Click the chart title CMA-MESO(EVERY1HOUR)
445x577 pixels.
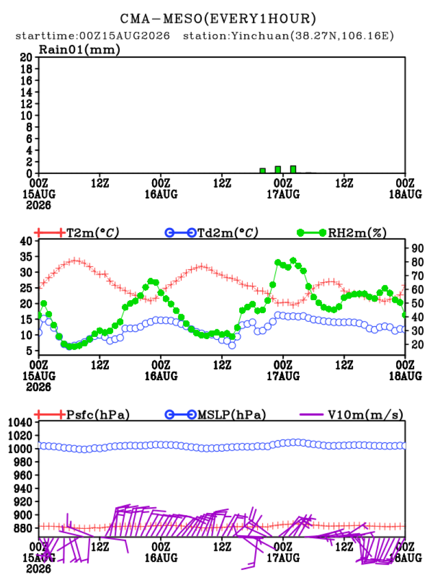click(x=218, y=18)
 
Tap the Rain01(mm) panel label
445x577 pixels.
click(x=80, y=49)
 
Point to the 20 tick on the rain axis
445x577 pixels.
click(x=26, y=57)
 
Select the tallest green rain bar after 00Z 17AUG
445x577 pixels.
click(x=293, y=169)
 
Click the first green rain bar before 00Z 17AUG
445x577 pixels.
click(x=263, y=171)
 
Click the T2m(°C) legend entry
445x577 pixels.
click(x=77, y=232)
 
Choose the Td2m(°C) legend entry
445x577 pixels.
click(x=212, y=232)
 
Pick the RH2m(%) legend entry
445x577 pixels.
click(x=342, y=232)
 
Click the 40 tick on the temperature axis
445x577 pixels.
click(x=26, y=241)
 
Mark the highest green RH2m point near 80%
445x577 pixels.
click(x=293, y=261)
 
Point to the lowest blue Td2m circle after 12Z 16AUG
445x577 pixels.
click(x=232, y=346)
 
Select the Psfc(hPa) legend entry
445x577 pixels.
click(x=82, y=414)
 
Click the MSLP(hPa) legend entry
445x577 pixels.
click(x=215, y=414)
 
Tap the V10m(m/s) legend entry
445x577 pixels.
click(x=351, y=414)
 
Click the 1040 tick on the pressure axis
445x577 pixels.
click(x=20, y=423)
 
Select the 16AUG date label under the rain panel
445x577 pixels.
click(x=161, y=194)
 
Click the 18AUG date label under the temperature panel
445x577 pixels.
click(x=405, y=375)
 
